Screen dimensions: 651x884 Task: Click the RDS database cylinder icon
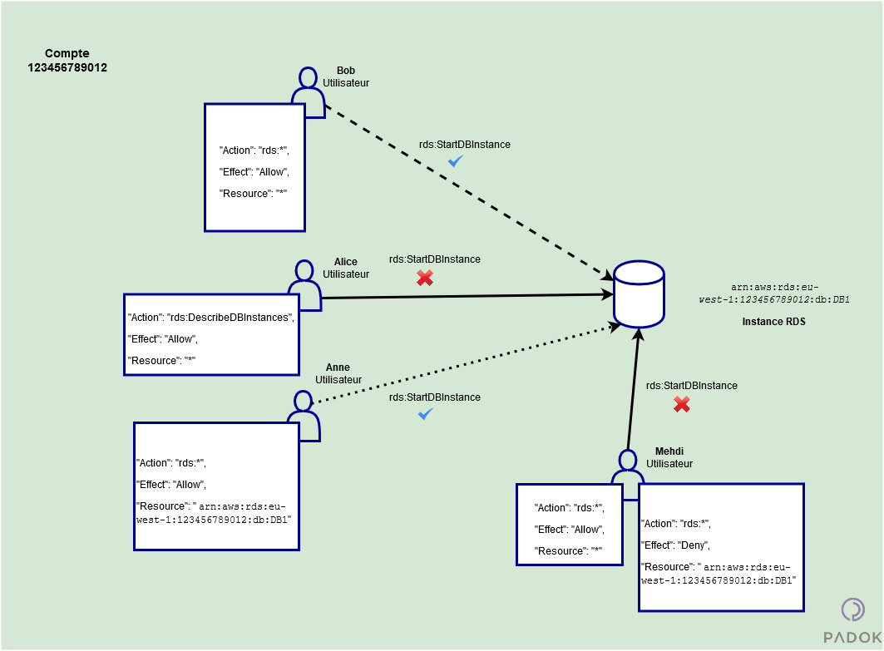pos(639,294)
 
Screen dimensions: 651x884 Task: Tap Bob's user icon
pos(308,92)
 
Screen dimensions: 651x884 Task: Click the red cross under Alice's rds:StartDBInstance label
pos(425,278)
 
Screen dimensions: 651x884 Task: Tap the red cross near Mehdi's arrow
pos(681,404)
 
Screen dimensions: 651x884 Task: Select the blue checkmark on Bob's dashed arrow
pos(456,161)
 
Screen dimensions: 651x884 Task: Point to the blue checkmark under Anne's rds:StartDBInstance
pos(425,413)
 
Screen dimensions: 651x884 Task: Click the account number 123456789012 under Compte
pos(67,67)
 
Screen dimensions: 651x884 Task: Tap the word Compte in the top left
pos(67,53)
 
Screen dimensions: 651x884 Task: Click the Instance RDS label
pos(773,321)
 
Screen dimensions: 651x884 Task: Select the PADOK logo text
pos(852,637)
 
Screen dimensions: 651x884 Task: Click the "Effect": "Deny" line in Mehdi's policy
pos(675,545)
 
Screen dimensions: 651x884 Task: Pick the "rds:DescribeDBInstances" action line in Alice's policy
pos(210,318)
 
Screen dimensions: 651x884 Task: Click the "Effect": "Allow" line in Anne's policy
pos(170,485)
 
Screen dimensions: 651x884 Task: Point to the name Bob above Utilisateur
pos(346,71)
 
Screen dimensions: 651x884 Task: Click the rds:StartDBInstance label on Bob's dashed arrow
pos(464,145)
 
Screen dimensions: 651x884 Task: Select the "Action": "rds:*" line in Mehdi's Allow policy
pos(569,508)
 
